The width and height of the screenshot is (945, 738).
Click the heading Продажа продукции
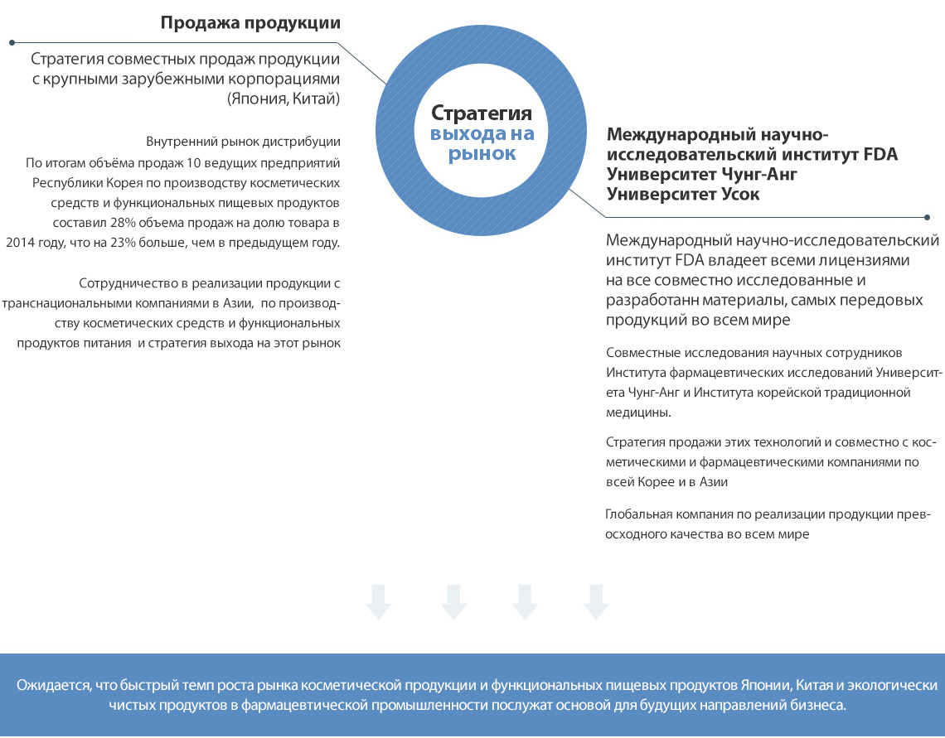click(250, 23)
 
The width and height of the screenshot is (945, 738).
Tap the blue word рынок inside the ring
click(482, 153)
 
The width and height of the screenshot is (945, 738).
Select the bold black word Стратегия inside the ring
click(482, 113)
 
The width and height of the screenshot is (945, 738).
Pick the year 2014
click(22, 243)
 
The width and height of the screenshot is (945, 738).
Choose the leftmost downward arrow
click(378, 601)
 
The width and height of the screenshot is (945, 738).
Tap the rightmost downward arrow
click(596, 601)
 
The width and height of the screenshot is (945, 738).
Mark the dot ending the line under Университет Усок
click(927, 217)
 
